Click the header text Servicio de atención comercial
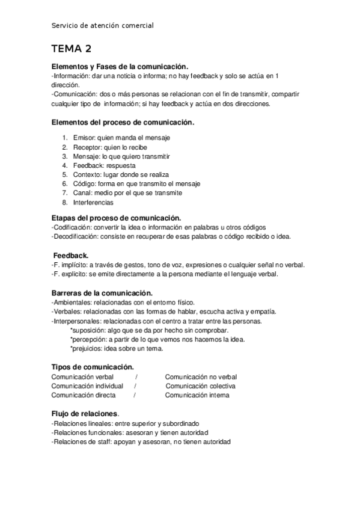(102, 25)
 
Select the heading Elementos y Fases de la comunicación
(120, 67)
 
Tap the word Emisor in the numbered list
(82, 138)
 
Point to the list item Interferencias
(94, 202)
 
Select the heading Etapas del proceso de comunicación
(117, 218)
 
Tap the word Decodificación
(76, 236)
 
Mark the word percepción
(89, 339)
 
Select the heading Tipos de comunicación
(92, 367)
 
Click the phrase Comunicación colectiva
(201, 386)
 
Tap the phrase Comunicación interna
(198, 395)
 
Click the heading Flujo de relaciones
(85, 414)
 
